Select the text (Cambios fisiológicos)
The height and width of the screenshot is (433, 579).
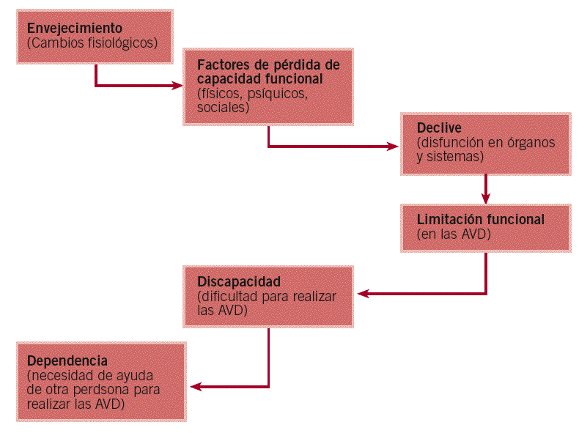[x=92, y=43]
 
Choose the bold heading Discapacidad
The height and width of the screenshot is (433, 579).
[x=239, y=281]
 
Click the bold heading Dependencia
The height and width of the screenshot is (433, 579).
[x=67, y=361]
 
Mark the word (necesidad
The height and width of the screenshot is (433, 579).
[x=58, y=376]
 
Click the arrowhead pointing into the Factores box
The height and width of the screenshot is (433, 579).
[x=178, y=86]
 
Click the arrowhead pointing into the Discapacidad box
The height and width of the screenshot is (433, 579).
[x=363, y=294]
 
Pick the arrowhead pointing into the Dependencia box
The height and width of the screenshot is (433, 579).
[x=194, y=387]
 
